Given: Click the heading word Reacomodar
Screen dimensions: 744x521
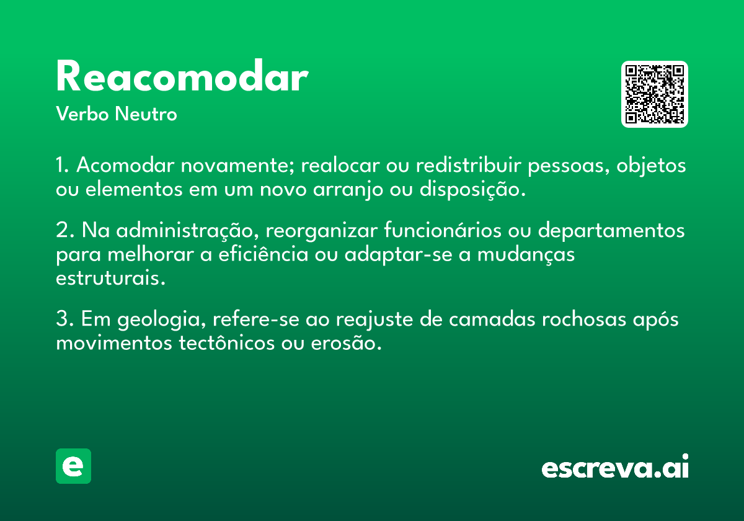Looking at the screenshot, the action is (182, 76).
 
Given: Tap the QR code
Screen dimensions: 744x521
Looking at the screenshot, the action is (654, 94).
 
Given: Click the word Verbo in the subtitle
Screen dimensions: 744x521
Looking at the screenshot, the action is (82, 114).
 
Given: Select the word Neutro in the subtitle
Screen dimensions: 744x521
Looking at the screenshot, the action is (146, 114).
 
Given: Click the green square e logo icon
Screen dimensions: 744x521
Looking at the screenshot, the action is (73, 466).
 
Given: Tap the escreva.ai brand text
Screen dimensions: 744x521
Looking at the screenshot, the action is (615, 466).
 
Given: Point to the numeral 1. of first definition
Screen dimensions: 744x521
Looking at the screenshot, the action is (63, 165).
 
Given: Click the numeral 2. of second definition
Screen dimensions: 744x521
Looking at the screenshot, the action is (65, 230).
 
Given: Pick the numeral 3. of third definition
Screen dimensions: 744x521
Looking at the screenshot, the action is (64, 319).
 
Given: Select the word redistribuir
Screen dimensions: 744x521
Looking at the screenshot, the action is (469, 165).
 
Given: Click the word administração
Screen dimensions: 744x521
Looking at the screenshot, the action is (188, 230).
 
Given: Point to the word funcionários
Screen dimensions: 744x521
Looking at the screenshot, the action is (443, 230).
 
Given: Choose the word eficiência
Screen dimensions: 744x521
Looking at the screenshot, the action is (263, 254).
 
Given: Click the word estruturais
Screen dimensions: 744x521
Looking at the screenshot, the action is (110, 278).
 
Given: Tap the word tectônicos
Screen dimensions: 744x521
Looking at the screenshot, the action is (227, 342).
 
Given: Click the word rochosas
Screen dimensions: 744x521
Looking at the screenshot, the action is (584, 319).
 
